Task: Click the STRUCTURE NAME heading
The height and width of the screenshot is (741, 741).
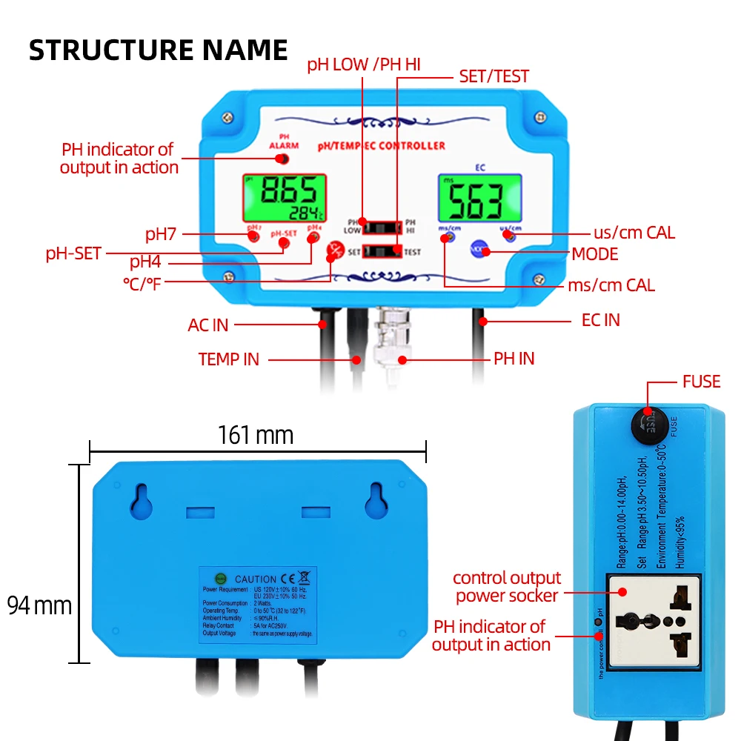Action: coord(158,50)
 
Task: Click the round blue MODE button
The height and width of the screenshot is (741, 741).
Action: coord(479,251)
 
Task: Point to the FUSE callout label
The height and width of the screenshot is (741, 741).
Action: coord(701,382)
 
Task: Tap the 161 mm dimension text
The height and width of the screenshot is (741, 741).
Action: coord(256,434)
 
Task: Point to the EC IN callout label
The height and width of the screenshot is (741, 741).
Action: coord(600,320)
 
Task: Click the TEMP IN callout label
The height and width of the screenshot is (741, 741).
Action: coord(229,359)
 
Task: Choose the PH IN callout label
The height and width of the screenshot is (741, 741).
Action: coord(514,359)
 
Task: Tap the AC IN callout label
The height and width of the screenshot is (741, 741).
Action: coord(208,325)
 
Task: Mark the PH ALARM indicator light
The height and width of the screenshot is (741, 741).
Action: coord(283,158)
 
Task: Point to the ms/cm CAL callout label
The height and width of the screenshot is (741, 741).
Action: coord(611,285)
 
